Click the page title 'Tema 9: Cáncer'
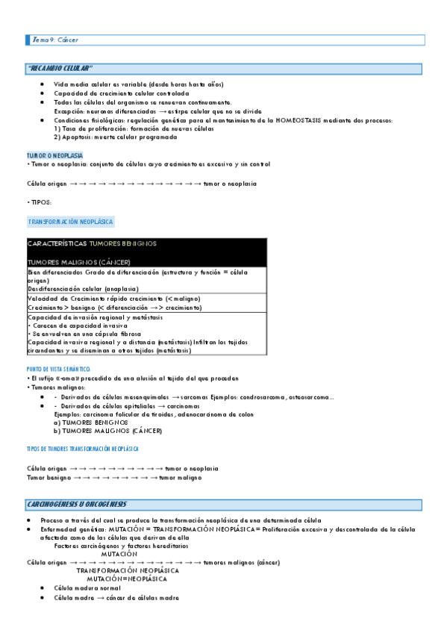(55, 39)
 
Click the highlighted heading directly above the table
(71, 222)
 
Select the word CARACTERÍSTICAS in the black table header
(57, 244)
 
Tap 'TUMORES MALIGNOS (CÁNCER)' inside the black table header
(78, 262)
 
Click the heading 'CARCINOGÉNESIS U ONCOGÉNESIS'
(78, 504)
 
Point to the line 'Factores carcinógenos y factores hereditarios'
(121, 546)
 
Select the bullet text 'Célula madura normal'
(87, 588)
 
